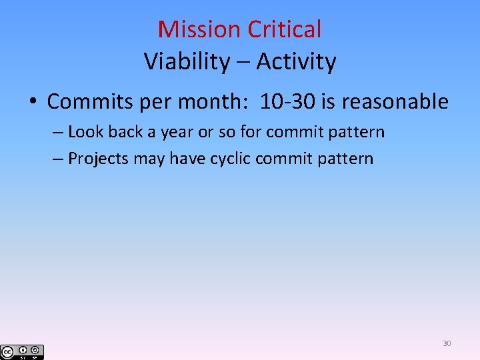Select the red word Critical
point(285,29)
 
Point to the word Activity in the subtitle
point(296,61)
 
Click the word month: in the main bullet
point(217,102)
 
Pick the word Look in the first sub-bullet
point(86,132)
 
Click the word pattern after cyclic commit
point(349,159)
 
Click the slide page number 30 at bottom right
point(447,343)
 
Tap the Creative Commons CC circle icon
point(7,352)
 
